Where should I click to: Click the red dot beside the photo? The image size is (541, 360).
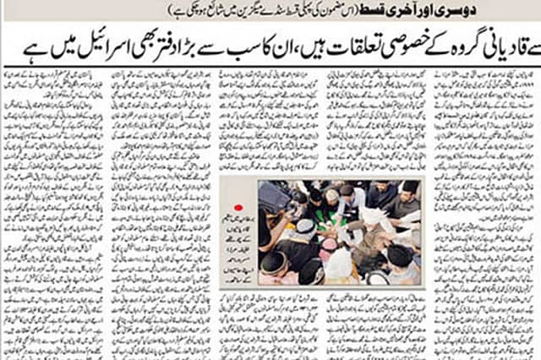pos(238,206)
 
